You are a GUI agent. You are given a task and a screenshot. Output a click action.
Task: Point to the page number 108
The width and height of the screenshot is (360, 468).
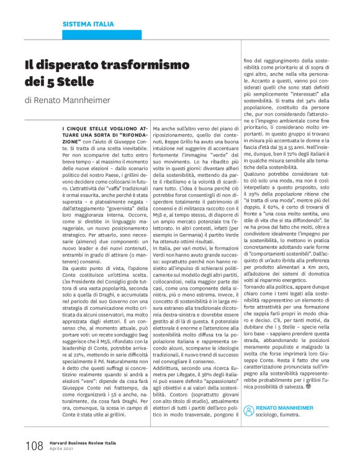point(34,446)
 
